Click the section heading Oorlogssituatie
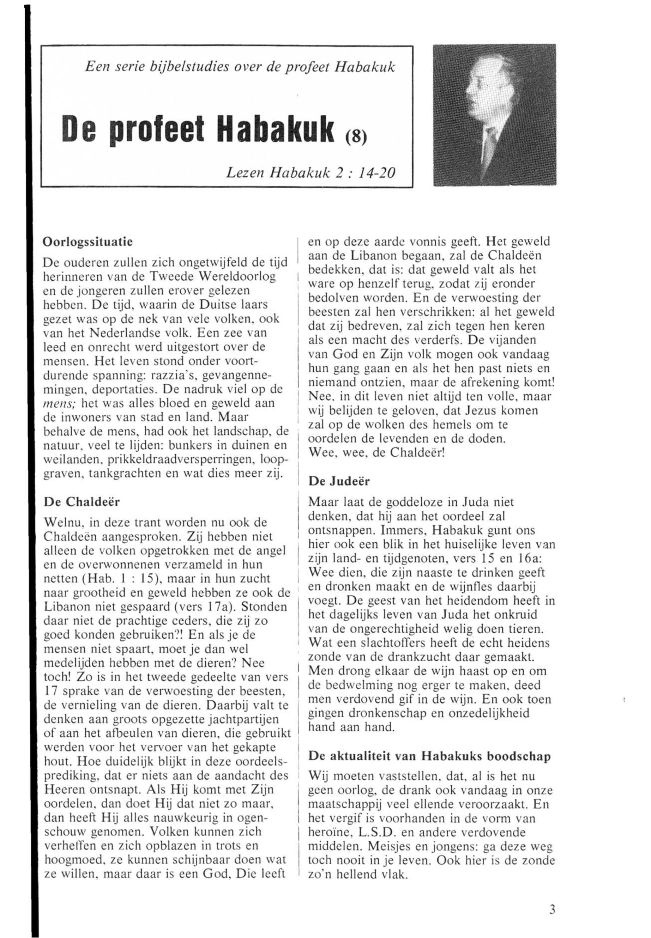[x=88, y=241]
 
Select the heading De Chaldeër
[x=82, y=502]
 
